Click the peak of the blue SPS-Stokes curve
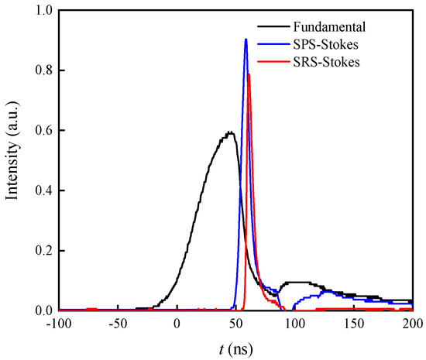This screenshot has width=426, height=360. pyautogui.click(x=246, y=39)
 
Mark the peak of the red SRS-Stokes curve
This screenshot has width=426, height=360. pyautogui.click(x=249, y=74)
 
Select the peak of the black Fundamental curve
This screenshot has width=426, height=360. pyautogui.click(x=229, y=132)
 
